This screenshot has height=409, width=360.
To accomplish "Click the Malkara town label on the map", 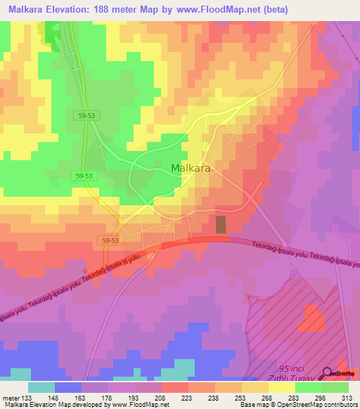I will click(191, 169).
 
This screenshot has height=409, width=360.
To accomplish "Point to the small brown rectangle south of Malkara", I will click(221, 225).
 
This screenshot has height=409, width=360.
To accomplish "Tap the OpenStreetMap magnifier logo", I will click(328, 373).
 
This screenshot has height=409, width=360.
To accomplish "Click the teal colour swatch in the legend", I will click(41, 387).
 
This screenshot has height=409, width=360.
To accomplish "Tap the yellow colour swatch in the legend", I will click(282, 387).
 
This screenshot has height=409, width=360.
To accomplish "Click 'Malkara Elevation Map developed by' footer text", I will click(49, 404).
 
